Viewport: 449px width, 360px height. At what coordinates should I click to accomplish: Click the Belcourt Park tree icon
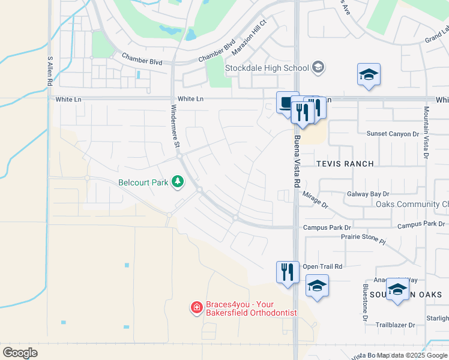(x=178, y=181)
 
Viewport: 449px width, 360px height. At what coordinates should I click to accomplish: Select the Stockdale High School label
(x=267, y=68)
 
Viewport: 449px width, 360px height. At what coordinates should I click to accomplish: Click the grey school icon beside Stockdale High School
(x=318, y=67)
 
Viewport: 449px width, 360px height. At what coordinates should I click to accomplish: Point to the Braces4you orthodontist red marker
(x=196, y=308)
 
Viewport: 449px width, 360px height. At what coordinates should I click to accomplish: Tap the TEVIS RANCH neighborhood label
(x=345, y=164)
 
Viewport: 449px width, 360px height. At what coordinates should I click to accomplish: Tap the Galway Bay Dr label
(x=368, y=194)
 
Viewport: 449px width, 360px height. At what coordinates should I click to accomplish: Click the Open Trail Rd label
(x=322, y=266)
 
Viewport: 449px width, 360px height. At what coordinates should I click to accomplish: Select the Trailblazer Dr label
(x=395, y=325)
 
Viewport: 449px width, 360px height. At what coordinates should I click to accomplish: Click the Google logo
(x=20, y=352)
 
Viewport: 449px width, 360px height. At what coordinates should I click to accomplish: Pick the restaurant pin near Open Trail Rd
(x=288, y=272)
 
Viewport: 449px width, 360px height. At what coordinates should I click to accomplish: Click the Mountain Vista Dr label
(x=426, y=133)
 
